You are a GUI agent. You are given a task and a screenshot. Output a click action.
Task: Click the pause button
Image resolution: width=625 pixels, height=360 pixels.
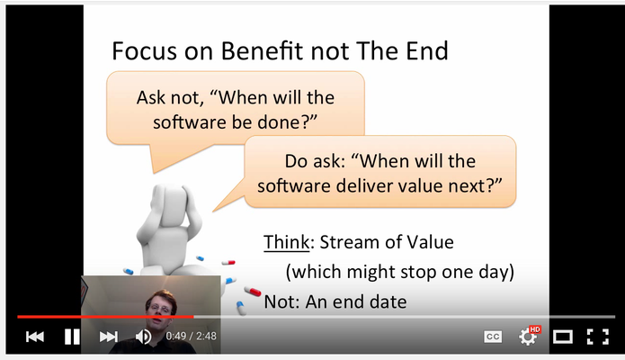(x=72, y=337)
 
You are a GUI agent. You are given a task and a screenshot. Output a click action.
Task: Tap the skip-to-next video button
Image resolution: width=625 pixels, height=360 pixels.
(x=109, y=337)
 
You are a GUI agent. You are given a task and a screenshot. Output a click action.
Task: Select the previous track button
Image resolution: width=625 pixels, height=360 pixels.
(x=35, y=337)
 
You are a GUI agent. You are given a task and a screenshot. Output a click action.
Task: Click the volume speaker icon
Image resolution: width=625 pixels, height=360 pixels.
(x=143, y=337)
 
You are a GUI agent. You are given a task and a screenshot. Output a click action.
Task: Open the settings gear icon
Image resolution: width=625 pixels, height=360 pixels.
(x=529, y=337)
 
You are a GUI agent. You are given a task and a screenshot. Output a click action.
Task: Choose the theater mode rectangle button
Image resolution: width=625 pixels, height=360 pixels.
(x=562, y=337)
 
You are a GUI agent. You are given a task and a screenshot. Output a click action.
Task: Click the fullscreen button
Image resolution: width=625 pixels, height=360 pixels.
(x=597, y=337)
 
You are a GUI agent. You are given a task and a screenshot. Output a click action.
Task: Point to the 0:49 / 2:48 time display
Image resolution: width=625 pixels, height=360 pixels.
(x=191, y=336)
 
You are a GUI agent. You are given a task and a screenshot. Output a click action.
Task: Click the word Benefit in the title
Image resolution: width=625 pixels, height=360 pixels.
(x=263, y=50)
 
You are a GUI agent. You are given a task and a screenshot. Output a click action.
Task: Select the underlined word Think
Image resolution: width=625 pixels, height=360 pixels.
(x=286, y=242)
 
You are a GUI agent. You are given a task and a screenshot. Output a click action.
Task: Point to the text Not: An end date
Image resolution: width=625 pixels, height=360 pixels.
(x=335, y=301)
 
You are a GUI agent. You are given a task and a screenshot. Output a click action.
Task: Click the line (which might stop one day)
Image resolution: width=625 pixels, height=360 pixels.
(x=400, y=272)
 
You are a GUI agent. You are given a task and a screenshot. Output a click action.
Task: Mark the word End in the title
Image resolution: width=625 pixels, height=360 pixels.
(x=427, y=50)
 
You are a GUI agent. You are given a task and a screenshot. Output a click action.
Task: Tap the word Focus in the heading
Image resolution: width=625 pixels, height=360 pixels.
(x=144, y=50)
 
